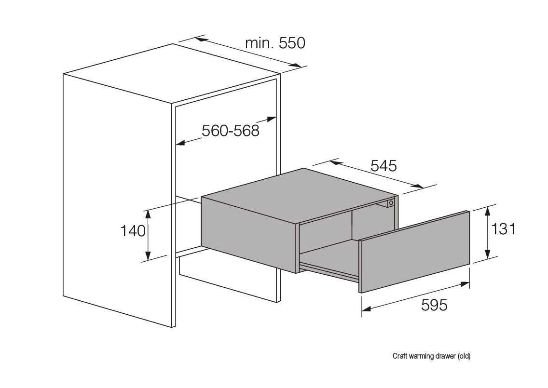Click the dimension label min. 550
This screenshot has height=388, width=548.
[x=275, y=43]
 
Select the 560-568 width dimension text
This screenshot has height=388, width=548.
[x=230, y=131]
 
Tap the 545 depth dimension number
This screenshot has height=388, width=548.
[x=384, y=166]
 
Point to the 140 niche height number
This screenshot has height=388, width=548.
[x=133, y=231]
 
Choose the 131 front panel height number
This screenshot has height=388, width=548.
[x=503, y=229]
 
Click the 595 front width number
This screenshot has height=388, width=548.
[x=434, y=305]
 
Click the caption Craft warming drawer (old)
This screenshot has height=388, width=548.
[x=431, y=356]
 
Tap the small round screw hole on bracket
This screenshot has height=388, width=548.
[x=390, y=202]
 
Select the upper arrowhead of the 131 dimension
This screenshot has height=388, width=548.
[x=488, y=211]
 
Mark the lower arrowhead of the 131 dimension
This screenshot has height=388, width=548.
[x=488, y=254]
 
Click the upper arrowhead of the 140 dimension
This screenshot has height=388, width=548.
[x=148, y=214]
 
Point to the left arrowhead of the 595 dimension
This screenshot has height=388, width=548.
[x=366, y=308]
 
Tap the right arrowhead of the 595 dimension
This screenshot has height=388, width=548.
[x=465, y=284]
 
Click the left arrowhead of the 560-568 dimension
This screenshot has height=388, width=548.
[x=180, y=143]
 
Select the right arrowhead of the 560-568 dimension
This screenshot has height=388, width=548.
[x=272, y=119]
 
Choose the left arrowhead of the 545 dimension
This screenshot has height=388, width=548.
[x=335, y=162]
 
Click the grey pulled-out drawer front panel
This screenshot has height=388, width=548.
[x=414, y=252]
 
